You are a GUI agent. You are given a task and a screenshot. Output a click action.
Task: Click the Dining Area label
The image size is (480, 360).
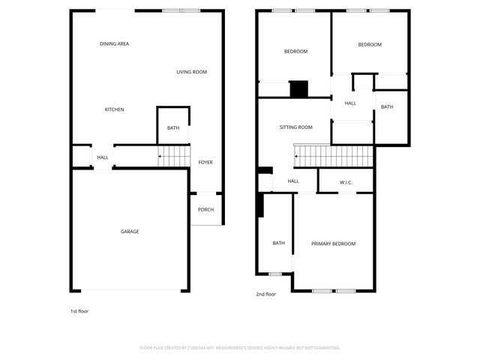click(x=114, y=44)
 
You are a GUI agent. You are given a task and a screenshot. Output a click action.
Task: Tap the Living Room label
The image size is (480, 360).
click(x=191, y=72)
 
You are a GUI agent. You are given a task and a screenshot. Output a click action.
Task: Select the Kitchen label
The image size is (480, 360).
click(x=114, y=110)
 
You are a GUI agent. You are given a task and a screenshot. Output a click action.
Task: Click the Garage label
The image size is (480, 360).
click(x=130, y=232)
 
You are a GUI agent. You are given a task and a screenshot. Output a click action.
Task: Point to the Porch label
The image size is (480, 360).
click(x=205, y=210)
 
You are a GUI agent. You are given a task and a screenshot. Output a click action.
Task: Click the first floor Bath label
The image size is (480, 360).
click(x=173, y=128)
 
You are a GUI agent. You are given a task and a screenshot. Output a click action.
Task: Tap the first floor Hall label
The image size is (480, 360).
click(x=103, y=157)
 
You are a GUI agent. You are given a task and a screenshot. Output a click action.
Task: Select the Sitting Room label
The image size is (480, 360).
click(x=295, y=127)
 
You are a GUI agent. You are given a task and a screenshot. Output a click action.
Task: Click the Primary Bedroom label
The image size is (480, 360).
click(x=333, y=244)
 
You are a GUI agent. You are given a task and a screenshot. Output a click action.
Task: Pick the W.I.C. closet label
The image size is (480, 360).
click(x=346, y=182)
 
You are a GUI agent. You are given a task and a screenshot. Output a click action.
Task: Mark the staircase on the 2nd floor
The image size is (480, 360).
click(x=334, y=157)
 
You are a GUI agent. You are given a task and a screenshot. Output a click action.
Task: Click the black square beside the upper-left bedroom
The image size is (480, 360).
click(x=299, y=89)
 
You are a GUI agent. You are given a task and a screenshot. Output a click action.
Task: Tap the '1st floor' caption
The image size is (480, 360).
click(x=79, y=310)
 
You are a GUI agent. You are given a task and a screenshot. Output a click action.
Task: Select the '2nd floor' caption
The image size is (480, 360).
click(x=266, y=295)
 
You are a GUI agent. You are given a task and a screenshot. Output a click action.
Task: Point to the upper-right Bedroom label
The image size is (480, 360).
click(x=370, y=45)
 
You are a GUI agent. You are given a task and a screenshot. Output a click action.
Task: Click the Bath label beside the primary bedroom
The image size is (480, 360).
click(x=279, y=243)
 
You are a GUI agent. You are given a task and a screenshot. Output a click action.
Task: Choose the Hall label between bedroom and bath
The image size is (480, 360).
click(x=350, y=103)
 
